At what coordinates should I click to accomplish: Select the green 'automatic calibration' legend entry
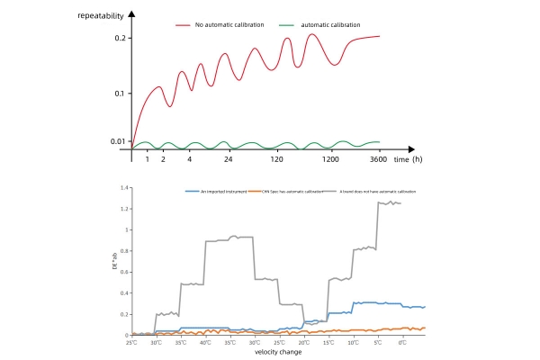point(339,25)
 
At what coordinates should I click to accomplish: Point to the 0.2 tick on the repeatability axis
point(121,38)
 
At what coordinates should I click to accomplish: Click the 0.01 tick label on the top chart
point(117,141)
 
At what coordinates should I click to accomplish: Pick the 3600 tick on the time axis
point(379,158)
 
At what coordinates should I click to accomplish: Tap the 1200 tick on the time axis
point(331,158)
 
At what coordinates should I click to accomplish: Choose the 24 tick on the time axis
point(229,158)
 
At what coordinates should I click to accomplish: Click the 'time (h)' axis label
point(408,158)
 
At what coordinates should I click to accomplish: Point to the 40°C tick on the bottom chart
point(205,342)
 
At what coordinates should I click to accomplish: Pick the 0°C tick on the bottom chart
point(402,342)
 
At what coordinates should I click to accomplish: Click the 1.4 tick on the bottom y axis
point(126,189)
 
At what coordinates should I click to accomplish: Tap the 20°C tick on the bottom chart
point(303,342)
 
